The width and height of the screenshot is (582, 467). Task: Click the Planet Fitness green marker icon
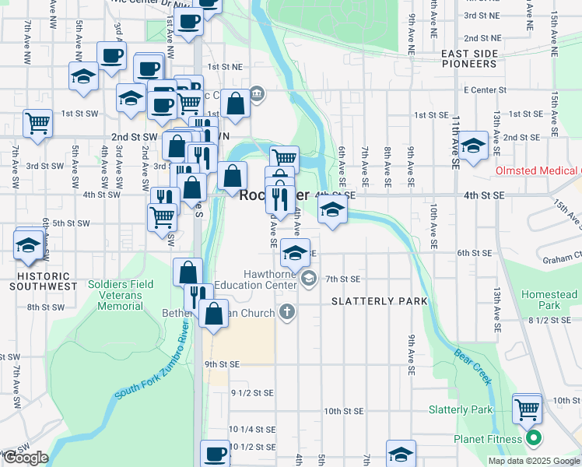coord(533,439)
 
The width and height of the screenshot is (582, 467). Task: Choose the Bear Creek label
coord(473,366)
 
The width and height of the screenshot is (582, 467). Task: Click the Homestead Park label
coord(549,300)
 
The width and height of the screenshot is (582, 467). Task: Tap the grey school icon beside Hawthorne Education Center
coord(309,278)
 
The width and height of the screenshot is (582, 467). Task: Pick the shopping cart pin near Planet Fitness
coord(528,408)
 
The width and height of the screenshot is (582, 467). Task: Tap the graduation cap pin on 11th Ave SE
coord(472,145)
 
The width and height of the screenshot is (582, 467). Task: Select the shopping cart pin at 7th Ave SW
coord(37,123)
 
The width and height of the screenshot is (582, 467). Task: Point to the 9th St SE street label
coord(223,363)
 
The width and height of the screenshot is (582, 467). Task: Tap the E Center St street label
coord(485,90)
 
